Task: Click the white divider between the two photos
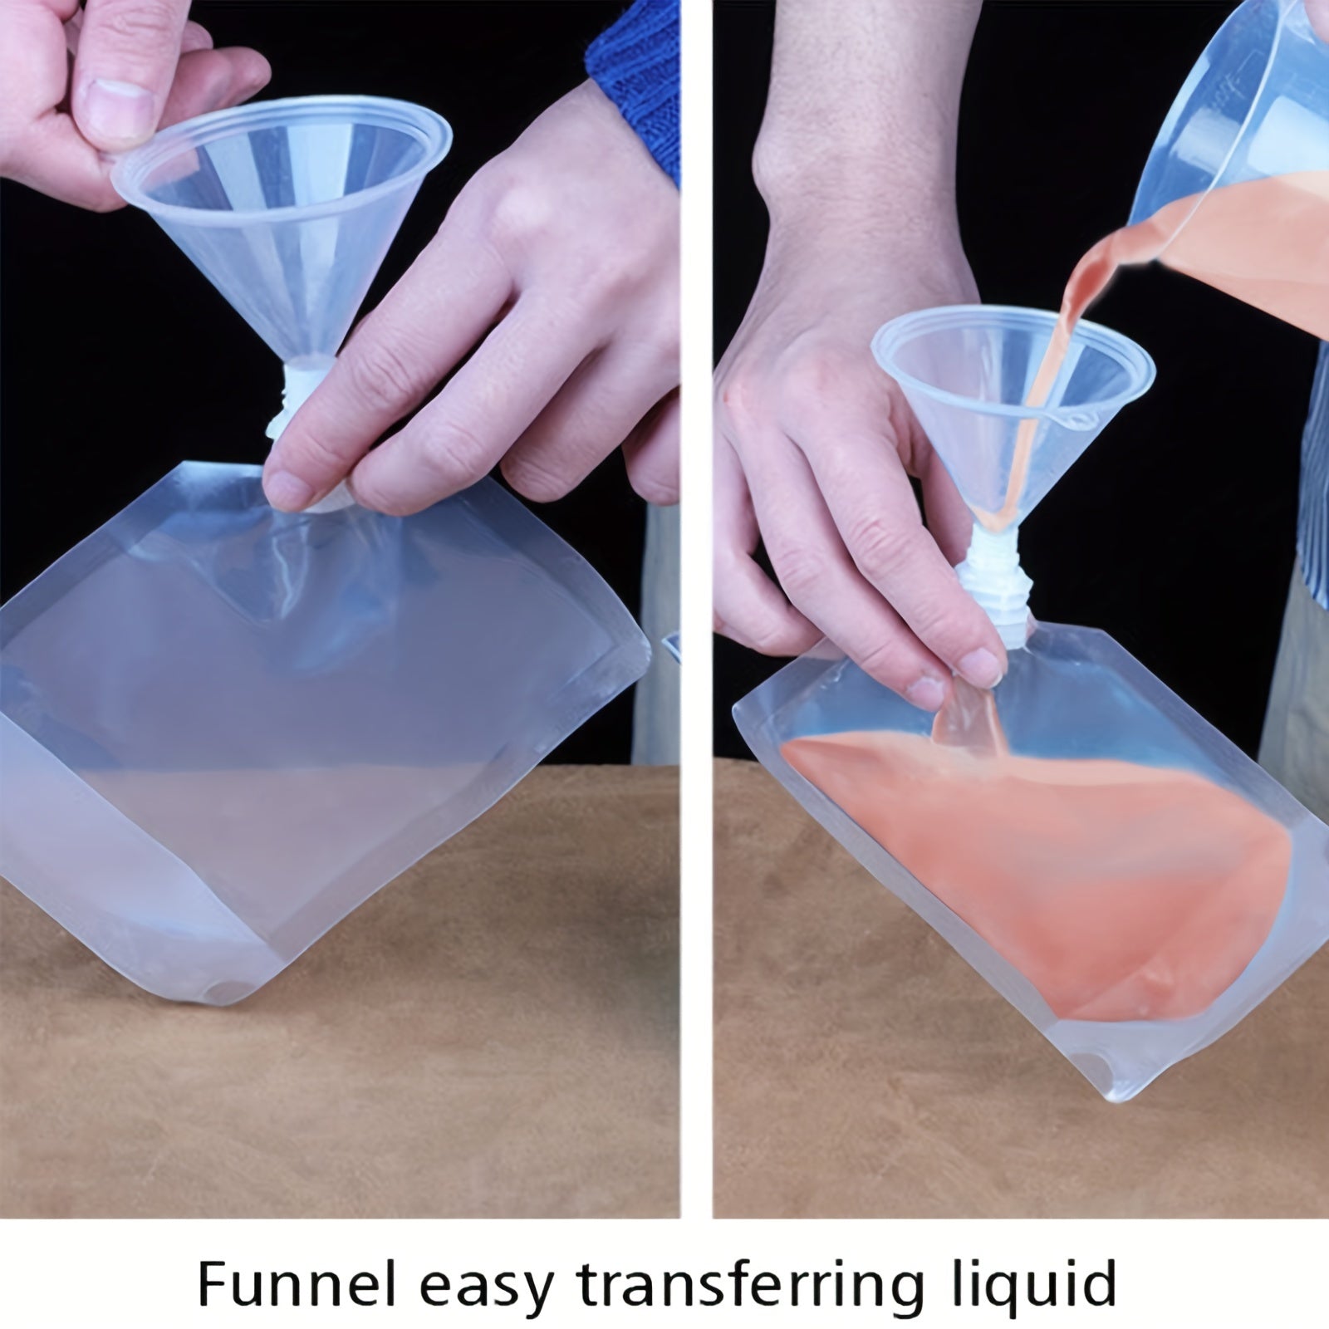pyautogui.click(x=697, y=606)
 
